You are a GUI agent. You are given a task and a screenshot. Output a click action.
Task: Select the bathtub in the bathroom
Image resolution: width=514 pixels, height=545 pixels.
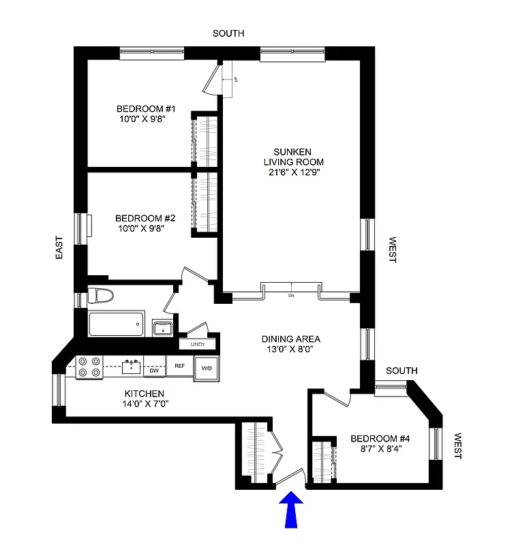click(x=117, y=324)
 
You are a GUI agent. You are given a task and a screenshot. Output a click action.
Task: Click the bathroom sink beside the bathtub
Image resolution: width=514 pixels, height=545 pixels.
click(x=163, y=328)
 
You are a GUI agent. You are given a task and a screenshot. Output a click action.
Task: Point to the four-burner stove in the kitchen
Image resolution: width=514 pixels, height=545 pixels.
click(x=89, y=367)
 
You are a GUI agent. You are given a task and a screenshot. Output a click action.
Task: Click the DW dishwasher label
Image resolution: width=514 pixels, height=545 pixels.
click(x=155, y=370)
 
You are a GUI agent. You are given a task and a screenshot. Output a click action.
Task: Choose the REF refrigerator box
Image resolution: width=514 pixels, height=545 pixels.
click(x=180, y=367)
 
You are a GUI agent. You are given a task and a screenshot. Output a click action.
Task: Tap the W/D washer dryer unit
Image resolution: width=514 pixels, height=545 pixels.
click(x=205, y=369)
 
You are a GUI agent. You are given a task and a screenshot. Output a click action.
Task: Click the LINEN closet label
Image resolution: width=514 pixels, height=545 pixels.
click(x=197, y=344)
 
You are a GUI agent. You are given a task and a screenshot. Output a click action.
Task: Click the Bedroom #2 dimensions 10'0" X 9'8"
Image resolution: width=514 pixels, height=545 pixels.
click(x=141, y=228)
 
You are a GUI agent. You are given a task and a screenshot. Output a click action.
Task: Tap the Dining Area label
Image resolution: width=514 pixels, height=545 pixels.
click(x=291, y=339)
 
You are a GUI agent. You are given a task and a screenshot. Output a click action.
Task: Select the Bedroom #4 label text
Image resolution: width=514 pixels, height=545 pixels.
click(x=380, y=438)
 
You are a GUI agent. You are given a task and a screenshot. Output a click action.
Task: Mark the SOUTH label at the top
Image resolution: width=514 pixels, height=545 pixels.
click(x=228, y=33)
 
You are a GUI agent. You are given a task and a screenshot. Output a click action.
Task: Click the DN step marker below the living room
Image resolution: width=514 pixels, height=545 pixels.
click(x=291, y=296)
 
